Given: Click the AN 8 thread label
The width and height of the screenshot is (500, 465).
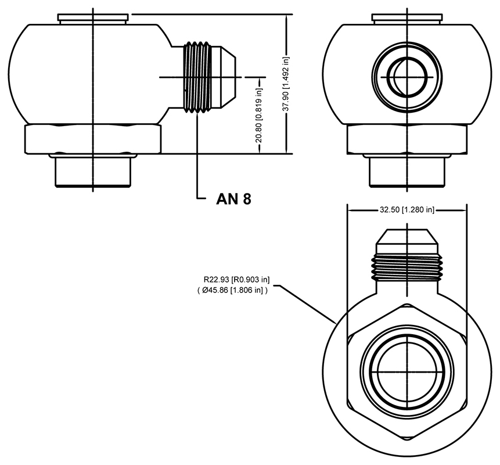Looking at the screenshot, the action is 233,199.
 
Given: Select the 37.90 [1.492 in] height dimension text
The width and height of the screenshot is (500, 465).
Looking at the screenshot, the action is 286,84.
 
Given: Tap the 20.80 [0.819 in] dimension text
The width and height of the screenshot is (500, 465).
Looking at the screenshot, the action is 259,115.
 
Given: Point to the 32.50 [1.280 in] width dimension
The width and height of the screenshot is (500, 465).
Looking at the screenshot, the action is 407,210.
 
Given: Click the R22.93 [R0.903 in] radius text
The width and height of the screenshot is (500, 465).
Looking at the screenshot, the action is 236,280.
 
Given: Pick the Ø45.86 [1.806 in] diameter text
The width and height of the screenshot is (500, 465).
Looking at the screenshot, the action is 232,291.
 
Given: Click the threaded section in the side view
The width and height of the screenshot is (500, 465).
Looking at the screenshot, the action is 197,77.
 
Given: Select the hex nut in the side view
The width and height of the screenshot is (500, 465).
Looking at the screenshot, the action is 93,139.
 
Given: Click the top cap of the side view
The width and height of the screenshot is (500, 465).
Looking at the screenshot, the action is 93,18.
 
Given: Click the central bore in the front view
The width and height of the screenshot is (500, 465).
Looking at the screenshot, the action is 407,77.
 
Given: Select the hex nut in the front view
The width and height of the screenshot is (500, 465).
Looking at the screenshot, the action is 407,139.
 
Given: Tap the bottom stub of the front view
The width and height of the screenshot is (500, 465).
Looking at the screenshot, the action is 407,171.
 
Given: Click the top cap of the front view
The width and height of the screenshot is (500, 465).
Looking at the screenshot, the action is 407,18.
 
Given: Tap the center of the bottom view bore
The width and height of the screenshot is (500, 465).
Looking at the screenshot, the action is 407,372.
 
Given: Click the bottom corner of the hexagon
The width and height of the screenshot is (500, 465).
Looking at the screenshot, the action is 407,441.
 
